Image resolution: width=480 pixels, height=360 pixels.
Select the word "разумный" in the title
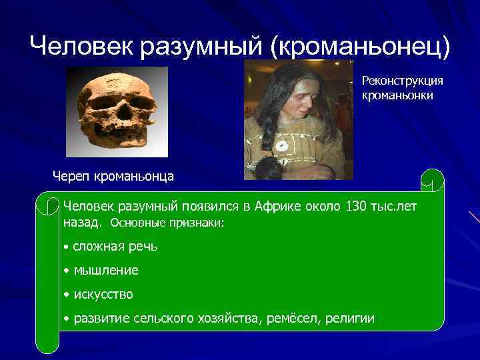203,45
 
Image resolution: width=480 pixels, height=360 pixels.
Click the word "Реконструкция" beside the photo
402,80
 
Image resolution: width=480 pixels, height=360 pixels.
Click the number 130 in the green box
357,207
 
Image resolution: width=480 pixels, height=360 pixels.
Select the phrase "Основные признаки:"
167,223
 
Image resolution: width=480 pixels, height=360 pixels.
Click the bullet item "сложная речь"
115,246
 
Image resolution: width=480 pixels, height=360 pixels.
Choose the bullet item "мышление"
106,270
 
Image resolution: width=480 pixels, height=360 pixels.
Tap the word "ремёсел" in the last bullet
296,318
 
